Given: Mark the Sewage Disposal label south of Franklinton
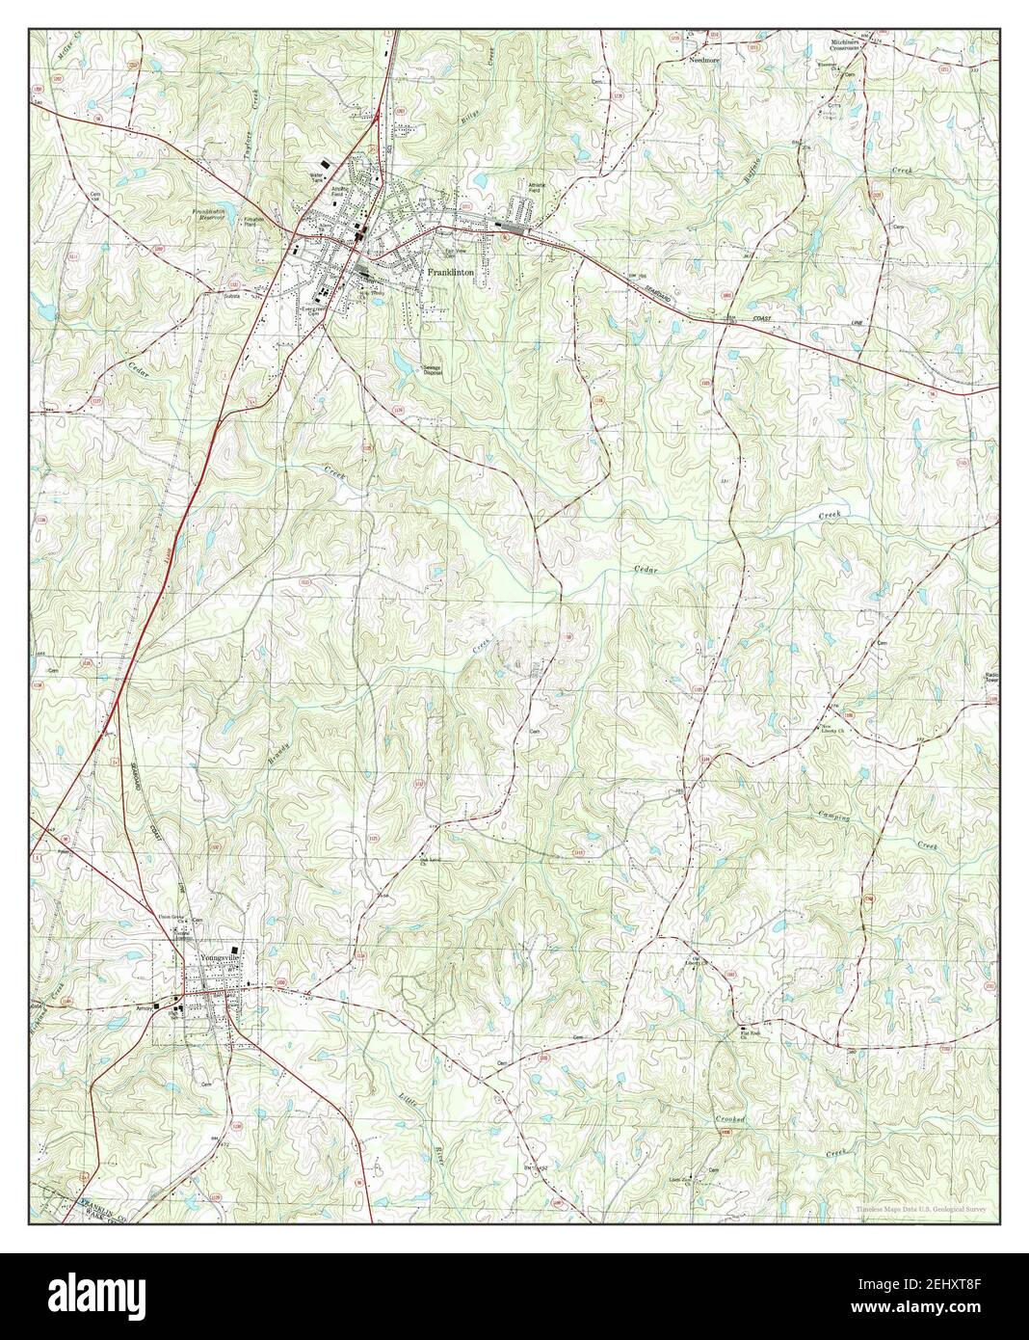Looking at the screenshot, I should point(432,369).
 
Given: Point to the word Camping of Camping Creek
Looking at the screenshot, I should point(829,817).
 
